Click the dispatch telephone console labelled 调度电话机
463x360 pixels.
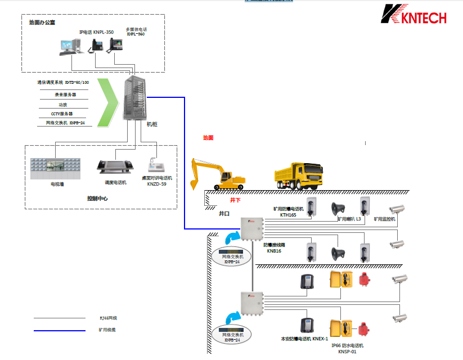[115, 167]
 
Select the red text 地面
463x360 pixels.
[208, 138]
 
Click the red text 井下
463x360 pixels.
[235, 200]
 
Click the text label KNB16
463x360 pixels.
[273, 251]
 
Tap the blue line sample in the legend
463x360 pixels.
[59, 330]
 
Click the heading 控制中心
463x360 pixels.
[97, 199]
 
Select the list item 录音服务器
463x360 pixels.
[65, 95]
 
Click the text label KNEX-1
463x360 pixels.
[320, 339]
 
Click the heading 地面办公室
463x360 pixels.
[42, 23]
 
